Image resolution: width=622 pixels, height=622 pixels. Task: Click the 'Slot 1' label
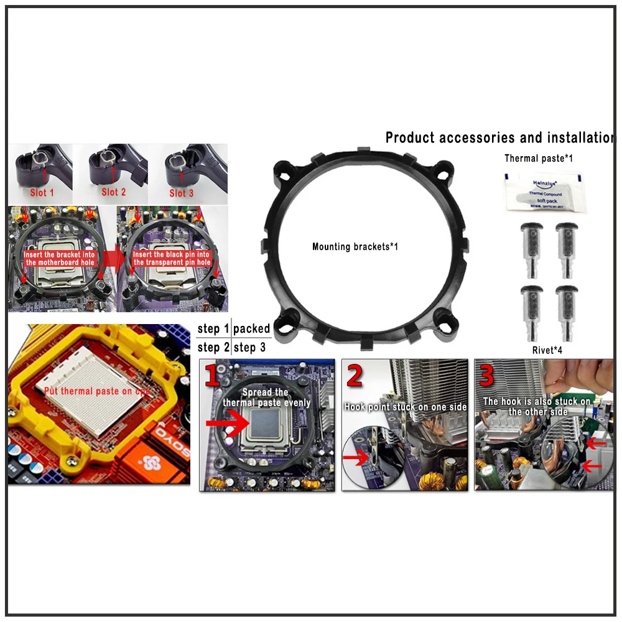(x=42, y=193)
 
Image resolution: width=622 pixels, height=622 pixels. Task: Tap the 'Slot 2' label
(x=113, y=192)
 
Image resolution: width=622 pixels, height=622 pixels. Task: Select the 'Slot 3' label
(x=181, y=193)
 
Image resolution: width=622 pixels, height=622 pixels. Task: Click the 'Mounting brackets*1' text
(x=355, y=247)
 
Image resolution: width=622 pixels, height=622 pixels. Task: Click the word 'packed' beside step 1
(x=251, y=328)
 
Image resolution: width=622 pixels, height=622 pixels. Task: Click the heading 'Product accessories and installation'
(x=499, y=137)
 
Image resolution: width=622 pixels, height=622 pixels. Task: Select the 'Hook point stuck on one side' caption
(x=406, y=407)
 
